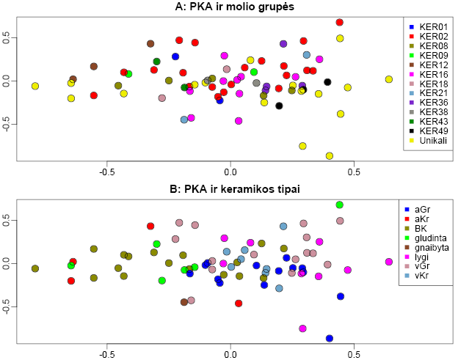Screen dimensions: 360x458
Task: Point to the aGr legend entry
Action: (421, 210)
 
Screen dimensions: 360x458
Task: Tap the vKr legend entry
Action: (421, 276)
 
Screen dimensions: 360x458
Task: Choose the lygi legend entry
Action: (421, 257)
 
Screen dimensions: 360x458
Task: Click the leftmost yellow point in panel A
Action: (34, 86)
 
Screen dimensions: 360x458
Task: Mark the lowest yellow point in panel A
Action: (330, 155)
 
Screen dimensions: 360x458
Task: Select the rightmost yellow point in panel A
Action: (389, 79)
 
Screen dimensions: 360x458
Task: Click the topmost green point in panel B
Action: (340, 205)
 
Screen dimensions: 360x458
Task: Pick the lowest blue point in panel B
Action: (330, 338)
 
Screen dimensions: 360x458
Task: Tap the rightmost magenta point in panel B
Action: (389, 262)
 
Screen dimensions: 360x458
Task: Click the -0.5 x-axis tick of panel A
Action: (107, 173)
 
